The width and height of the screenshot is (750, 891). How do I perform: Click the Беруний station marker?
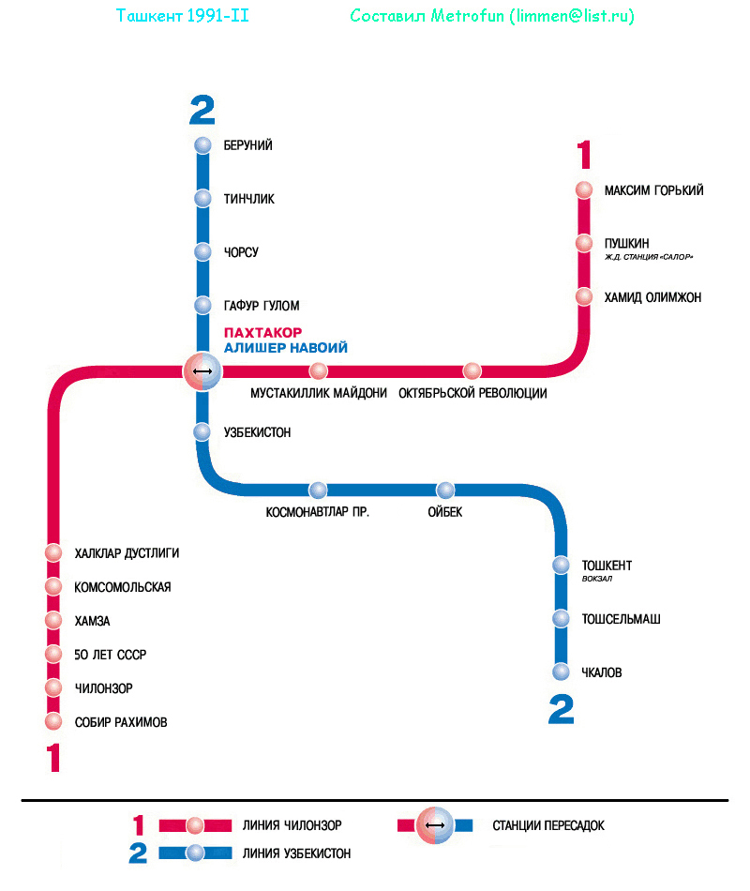point(202,145)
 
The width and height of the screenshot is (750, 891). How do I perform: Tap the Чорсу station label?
point(241,252)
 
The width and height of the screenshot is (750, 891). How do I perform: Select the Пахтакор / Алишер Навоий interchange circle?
point(202,372)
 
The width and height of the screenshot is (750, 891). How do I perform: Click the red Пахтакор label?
point(262,332)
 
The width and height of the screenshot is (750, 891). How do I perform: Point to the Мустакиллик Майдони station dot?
point(319,371)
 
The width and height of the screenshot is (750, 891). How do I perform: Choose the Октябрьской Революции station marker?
point(472,371)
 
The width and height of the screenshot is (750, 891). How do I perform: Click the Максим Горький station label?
point(653,190)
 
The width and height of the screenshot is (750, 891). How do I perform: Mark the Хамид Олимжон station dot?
point(584,297)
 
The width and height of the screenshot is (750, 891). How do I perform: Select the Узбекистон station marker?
point(202,432)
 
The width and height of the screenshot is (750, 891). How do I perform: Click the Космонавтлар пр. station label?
point(318,512)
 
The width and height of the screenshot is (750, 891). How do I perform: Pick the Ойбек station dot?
point(445,491)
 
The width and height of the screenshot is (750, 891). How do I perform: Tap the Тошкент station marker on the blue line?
point(561,566)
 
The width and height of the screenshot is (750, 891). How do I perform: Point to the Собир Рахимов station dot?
point(53,722)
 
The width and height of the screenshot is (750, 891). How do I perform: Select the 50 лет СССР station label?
point(111,655)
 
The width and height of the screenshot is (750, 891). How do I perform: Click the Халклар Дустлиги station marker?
point(53,553)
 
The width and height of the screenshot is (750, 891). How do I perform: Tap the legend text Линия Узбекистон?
point(296,853)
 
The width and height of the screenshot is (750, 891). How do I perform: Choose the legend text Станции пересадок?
point(548,825)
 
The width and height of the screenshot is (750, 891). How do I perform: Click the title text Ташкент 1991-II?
point(183,16)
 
